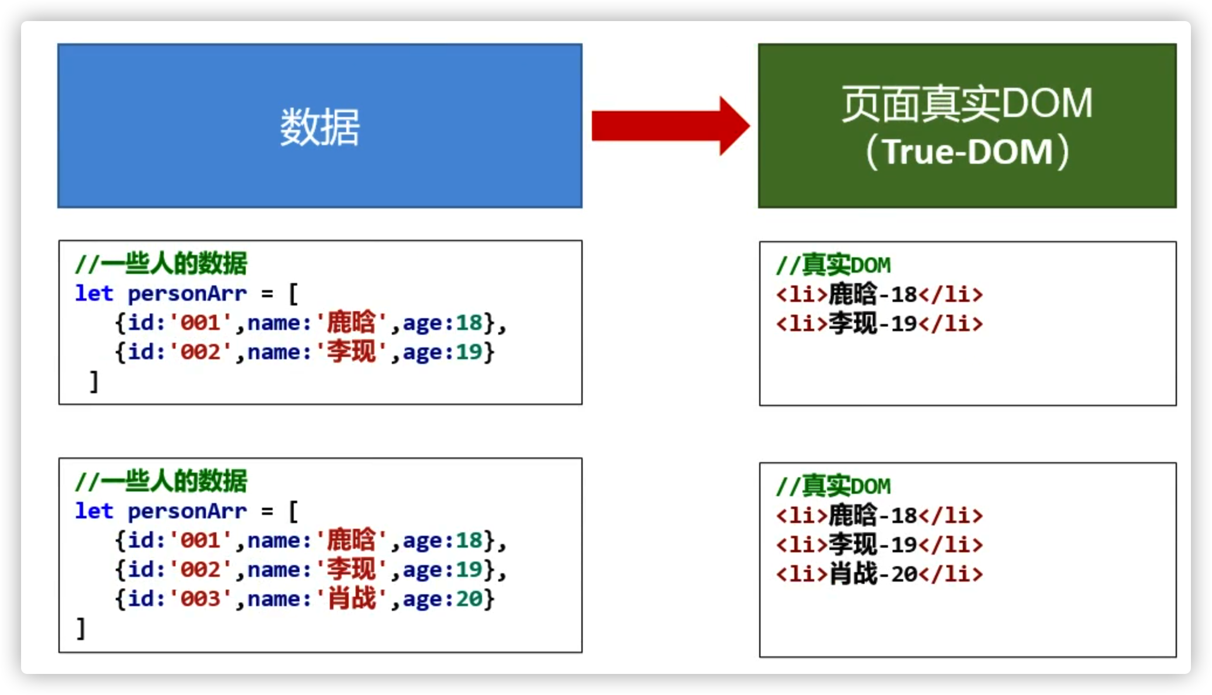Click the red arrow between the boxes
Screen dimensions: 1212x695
point(670,126)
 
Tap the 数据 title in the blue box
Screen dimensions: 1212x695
point(319,127)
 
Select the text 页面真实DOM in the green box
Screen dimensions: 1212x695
point(967,104)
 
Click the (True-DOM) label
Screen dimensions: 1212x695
point(967,152)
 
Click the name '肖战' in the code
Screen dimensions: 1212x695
point(351,599)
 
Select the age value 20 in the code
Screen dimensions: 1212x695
point(469,599)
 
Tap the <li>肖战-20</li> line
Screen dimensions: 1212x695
point(879,574)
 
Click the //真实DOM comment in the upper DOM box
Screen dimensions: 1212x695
point(833,266)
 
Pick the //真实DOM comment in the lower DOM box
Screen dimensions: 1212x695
point(833,487)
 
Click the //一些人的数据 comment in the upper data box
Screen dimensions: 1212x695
point(161,264)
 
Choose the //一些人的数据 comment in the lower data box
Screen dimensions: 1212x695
point(161,481)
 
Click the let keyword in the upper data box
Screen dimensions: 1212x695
point(94,294)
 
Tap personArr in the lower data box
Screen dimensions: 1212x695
point(187,511)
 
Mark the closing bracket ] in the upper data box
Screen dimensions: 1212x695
point(94,382)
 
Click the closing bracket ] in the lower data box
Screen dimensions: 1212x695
point(81,629)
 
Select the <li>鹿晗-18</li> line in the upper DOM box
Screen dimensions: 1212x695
point(879,294)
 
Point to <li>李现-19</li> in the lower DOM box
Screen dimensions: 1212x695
point(879,545)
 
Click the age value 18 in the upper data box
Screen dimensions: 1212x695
point(469,323)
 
